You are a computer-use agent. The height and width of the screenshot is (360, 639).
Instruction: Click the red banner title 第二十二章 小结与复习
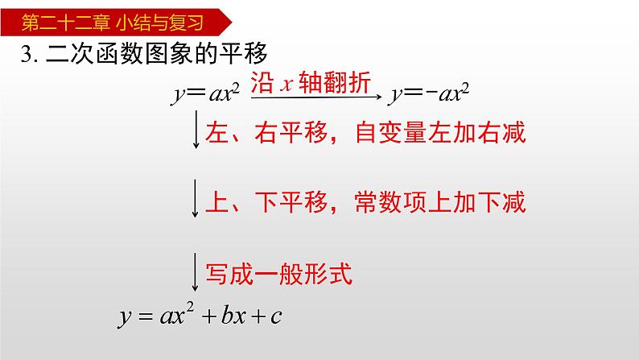pos(113,23)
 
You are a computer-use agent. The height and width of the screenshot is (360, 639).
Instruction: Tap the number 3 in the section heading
pos(27,54)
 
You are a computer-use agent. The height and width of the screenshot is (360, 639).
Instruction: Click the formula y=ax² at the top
pos(205,93)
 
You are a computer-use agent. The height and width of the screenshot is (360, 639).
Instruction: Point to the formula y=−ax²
pos(429,93)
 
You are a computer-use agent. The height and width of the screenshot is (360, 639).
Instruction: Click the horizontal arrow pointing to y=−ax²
pos(316,97)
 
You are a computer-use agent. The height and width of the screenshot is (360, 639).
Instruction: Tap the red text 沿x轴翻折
pos(311,82)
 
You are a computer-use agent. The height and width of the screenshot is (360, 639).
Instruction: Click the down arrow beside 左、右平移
pos(196,129)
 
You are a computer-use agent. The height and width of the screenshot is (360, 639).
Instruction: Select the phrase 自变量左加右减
pos(440,133)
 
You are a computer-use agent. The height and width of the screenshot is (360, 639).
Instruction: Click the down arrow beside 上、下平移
pos(196,198)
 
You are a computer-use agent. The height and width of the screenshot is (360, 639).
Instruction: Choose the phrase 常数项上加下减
pos(440,202)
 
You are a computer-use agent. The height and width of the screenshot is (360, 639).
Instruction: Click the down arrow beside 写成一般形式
pos(196,272)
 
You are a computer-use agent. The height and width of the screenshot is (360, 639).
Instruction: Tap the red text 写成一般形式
pos(279,274)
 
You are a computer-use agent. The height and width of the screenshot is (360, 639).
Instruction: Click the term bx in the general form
pos(233,315)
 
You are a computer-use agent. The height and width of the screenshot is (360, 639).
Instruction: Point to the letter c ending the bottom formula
pos(276,317)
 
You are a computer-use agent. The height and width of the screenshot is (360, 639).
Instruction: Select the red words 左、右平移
pos(267,133)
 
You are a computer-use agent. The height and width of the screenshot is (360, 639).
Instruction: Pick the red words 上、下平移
pos(267,202)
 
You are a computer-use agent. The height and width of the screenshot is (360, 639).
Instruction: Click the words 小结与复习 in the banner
pos(159,23)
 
